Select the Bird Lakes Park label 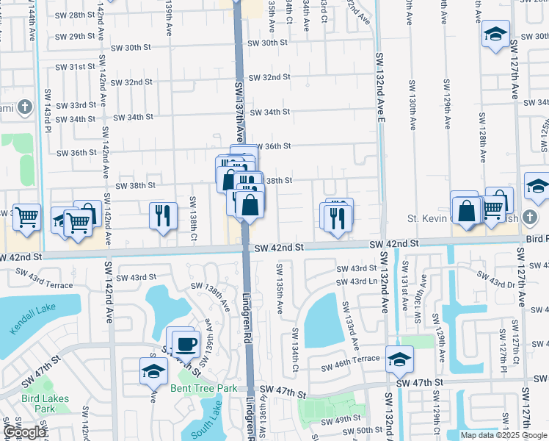(46, 404)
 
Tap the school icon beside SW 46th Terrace (399, 359)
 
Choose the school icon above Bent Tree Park (153, 370)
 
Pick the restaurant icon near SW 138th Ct (163, 215)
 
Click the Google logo (24, 431)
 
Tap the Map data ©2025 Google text (503, 435)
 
